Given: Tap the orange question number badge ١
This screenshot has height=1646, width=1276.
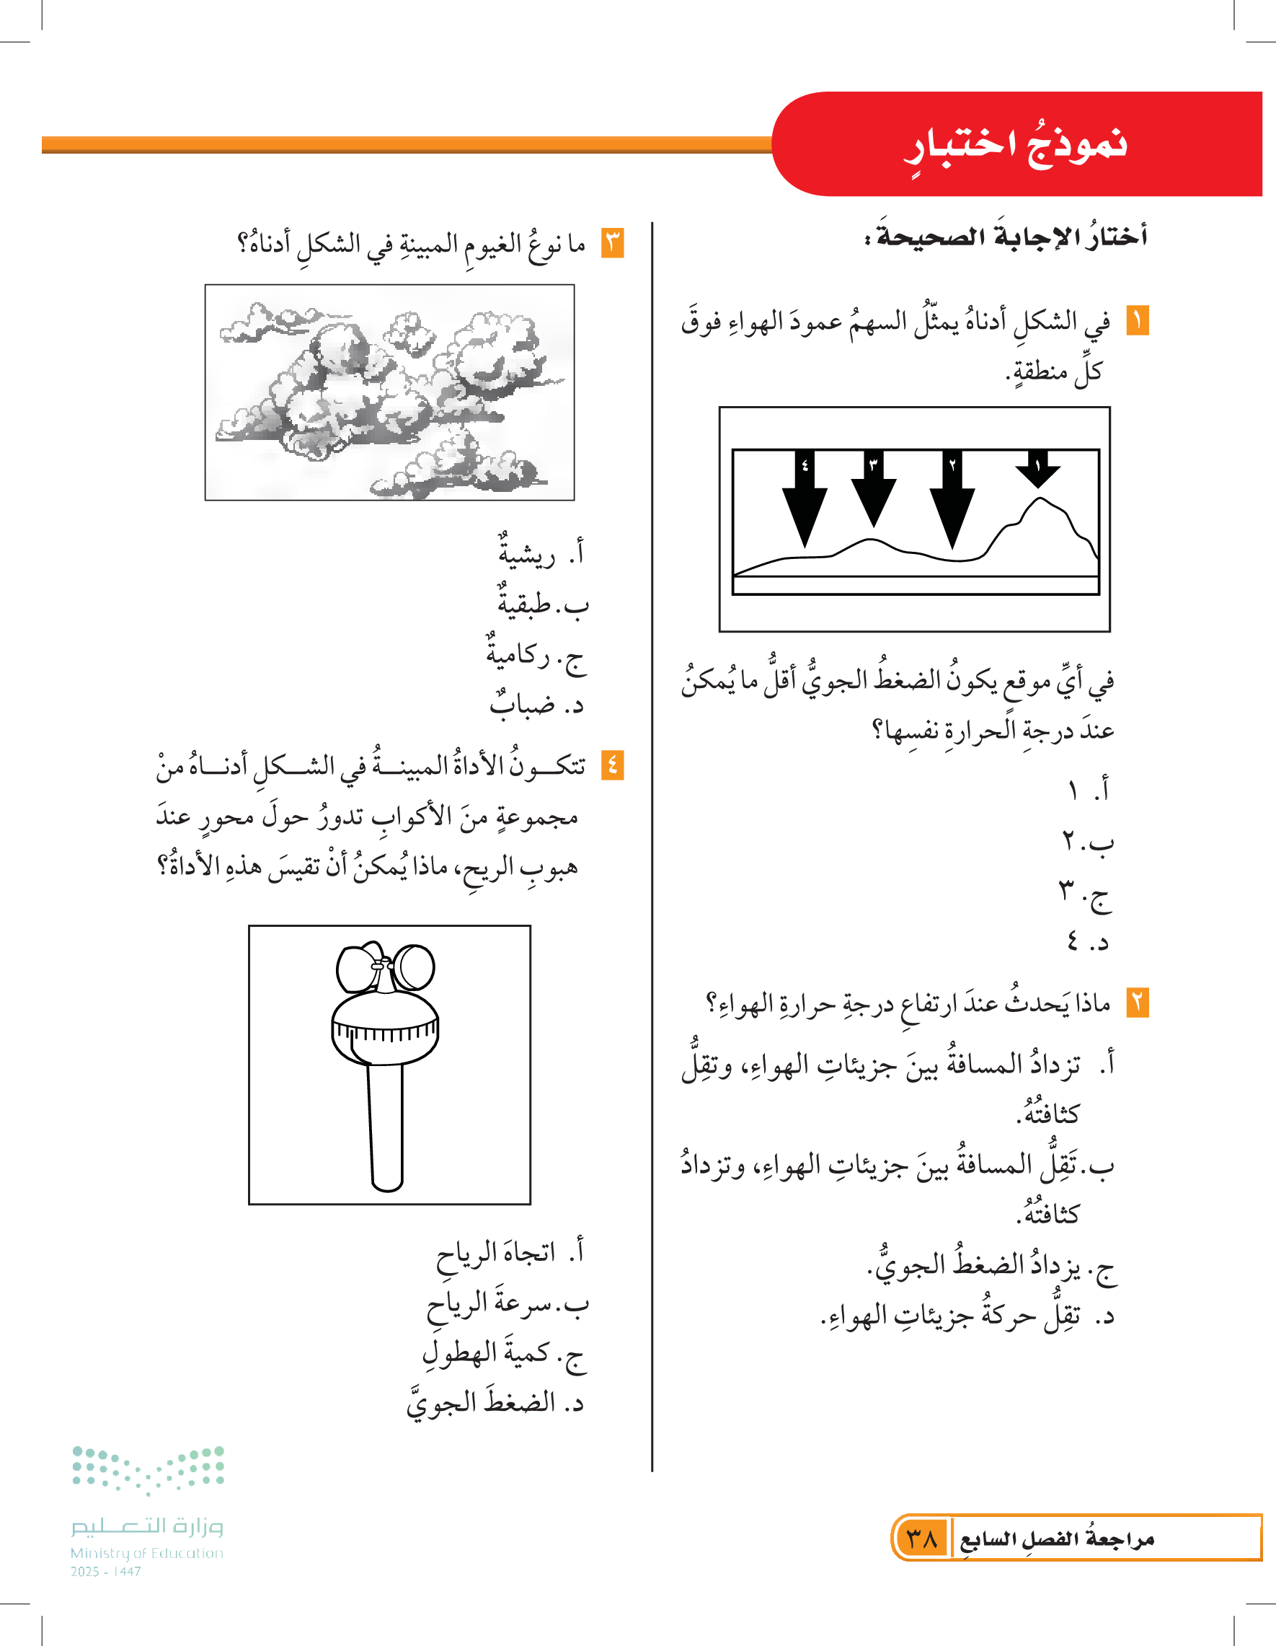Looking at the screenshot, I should click(1138, 321).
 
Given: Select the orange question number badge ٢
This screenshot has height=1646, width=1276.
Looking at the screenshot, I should click(1138, 1003).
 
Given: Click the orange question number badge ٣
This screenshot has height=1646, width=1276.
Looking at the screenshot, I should click(612, 242).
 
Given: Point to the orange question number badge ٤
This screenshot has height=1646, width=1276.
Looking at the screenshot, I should click(612, 766).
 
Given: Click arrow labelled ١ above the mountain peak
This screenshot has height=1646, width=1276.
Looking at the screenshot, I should click(1038, 469).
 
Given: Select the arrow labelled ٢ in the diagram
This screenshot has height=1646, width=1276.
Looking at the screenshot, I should click(952, 498).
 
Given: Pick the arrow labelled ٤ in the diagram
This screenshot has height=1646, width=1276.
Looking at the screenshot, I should click(805, 498).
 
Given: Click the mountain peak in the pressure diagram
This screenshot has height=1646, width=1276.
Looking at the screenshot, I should click(1042, 501).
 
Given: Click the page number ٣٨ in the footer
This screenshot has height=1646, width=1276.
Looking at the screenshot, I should click(922, 1538).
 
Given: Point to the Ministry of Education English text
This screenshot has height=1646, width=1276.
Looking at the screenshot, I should click(147, 1553).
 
